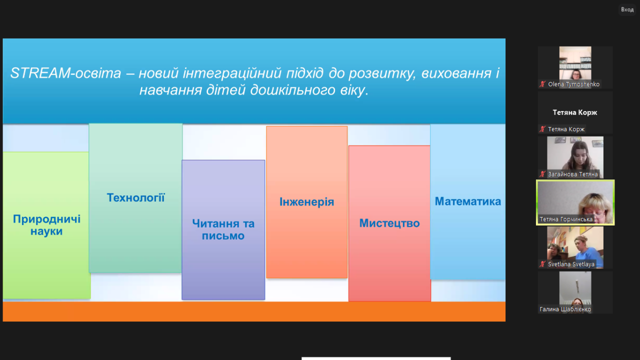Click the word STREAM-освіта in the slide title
click(65, 73)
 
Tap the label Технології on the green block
click(135, 197)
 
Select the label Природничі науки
click(46, 225)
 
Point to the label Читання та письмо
click(223, 229)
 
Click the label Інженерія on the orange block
click(306, 202)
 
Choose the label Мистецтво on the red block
click(389, 223)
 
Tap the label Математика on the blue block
click(467, 201)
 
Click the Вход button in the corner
click(627, 9)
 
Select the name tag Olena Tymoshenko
click(573, 84)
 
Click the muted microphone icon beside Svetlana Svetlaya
click(542, 264)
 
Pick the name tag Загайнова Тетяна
click(572, 174)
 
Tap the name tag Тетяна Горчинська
click(565, 219)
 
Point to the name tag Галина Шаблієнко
click(565, 309)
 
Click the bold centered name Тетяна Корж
click(575, 112)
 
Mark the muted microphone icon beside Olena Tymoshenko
click(542, 84)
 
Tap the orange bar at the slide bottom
click(254, 311)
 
